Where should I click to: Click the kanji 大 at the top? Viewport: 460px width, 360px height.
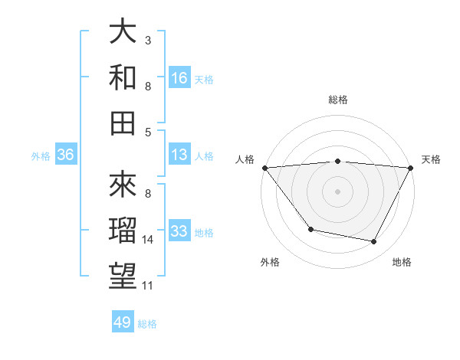click(x=123, y=33)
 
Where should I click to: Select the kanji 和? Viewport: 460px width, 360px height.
click(x=123, y=78)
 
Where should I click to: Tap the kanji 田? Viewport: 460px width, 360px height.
click(x=123, y=123)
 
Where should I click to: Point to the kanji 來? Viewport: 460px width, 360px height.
click(x=123, y=184)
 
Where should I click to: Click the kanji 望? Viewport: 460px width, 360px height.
click(x=123, y=275)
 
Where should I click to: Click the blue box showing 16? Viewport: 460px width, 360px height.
click(x=179, y=77)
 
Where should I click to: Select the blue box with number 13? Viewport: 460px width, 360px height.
click(x=179, y=155)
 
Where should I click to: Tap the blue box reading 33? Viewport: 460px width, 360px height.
click(x=179, y=231)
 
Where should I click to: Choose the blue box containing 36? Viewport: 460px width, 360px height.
click(x=66, y=155)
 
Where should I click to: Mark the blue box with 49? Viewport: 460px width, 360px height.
click(x=123, y=322)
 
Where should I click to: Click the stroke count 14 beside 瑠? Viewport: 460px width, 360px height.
click(x=148, y=240)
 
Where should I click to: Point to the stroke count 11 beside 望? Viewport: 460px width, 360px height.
click(x=148, y=286)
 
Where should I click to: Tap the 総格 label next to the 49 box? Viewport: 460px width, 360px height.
click(x=147, y=324)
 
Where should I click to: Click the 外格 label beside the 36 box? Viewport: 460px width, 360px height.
click(x=41, y=156)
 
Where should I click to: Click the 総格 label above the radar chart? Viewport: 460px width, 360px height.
click(x=337, y=100)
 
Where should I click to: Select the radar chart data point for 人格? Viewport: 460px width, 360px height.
click(x=264, y=167)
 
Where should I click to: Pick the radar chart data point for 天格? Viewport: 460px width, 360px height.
click(x=411, y=168)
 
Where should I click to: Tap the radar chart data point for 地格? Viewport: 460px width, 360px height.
click(x=374, y=242)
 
